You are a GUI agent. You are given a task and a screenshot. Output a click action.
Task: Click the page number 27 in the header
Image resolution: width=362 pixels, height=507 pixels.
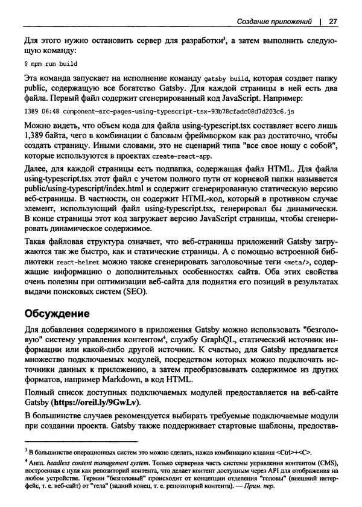332,22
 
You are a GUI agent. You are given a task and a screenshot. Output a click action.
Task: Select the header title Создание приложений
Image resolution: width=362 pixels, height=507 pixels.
272,22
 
